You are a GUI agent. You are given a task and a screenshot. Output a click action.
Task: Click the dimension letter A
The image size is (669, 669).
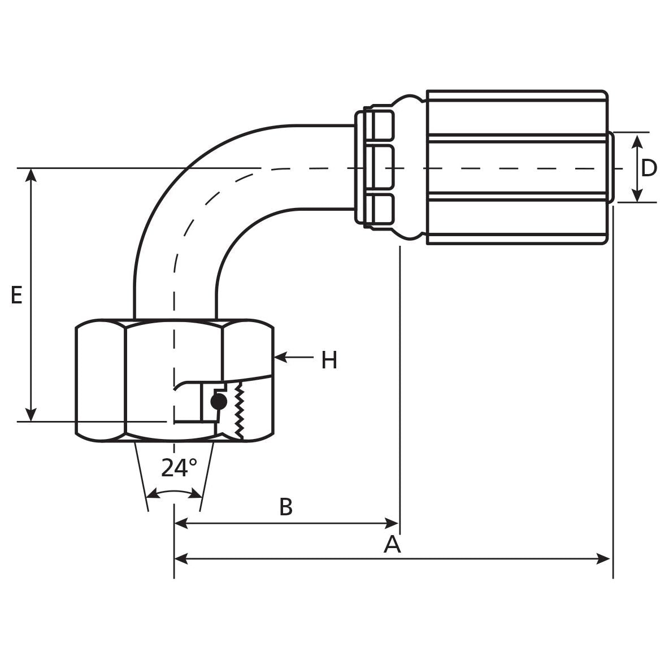[392, 545]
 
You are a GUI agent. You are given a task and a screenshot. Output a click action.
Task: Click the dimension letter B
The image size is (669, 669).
[286, 507]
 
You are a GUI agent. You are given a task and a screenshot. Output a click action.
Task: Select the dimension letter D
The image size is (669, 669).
[649, 168]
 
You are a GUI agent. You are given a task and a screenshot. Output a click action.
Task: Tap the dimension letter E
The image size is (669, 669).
[17, 296]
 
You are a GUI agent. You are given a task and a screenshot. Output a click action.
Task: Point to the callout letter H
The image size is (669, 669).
[329, 360]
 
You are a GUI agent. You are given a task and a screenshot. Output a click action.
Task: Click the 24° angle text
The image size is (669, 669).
[179, 468]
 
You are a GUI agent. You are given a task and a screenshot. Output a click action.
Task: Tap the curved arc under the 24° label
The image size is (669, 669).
[174, 493]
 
